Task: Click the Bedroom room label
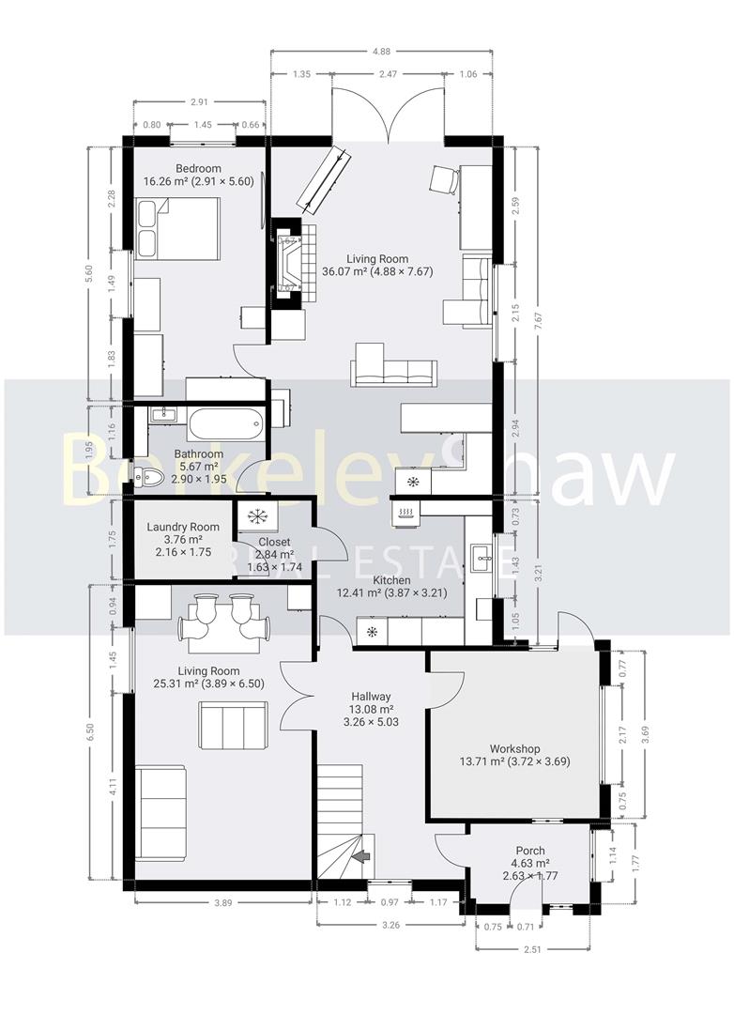point(198,169)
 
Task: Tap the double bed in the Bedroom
point(178,228)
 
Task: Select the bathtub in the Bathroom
point(225,423)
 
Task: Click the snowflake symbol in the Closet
point(255,515)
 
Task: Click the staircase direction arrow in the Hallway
point(361,856)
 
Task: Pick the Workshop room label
point(514,748)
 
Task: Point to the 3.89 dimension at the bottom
point(222,902)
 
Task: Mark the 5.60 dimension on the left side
point(89,273)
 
